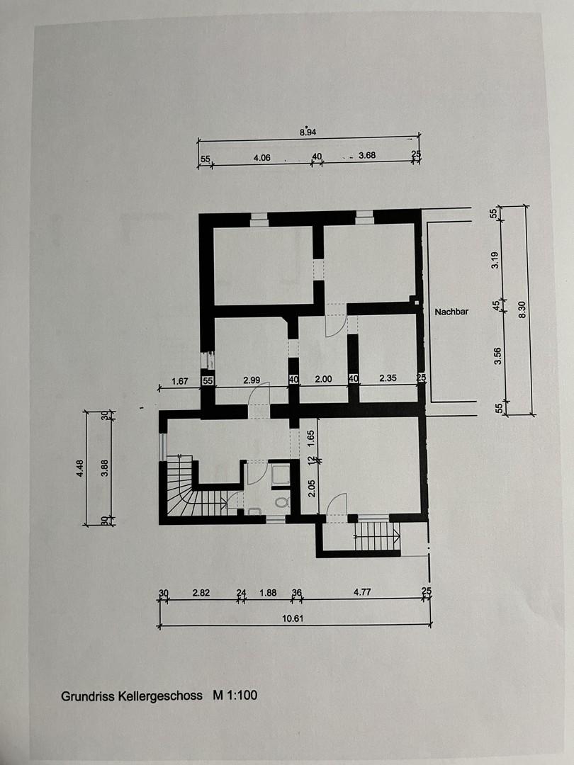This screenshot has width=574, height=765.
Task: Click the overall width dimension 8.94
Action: (x=308, y=132)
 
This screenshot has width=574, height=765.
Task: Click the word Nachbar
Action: (x=451, y=310)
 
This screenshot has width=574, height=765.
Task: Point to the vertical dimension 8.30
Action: (x=522, y=310)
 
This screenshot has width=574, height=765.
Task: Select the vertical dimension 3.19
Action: (x=496, y=260)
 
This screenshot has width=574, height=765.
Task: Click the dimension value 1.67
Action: (x=181, y=381)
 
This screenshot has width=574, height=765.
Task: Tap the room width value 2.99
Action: (x=252, y=380)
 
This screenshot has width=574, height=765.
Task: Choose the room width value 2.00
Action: (x=322, y=379)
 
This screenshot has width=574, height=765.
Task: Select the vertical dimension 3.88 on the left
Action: (x=105, y=468)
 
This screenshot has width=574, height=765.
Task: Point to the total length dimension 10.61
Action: (x=293, y=618)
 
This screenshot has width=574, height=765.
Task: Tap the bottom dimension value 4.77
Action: (x=363, y=592)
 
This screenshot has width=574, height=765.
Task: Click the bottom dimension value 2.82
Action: (x=201, y=593)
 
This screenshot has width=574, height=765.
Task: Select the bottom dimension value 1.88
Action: (x=268, y=593)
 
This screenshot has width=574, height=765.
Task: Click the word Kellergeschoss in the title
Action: (x=162, y=696)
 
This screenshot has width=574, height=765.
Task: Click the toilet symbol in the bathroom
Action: (x=282, y=502)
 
